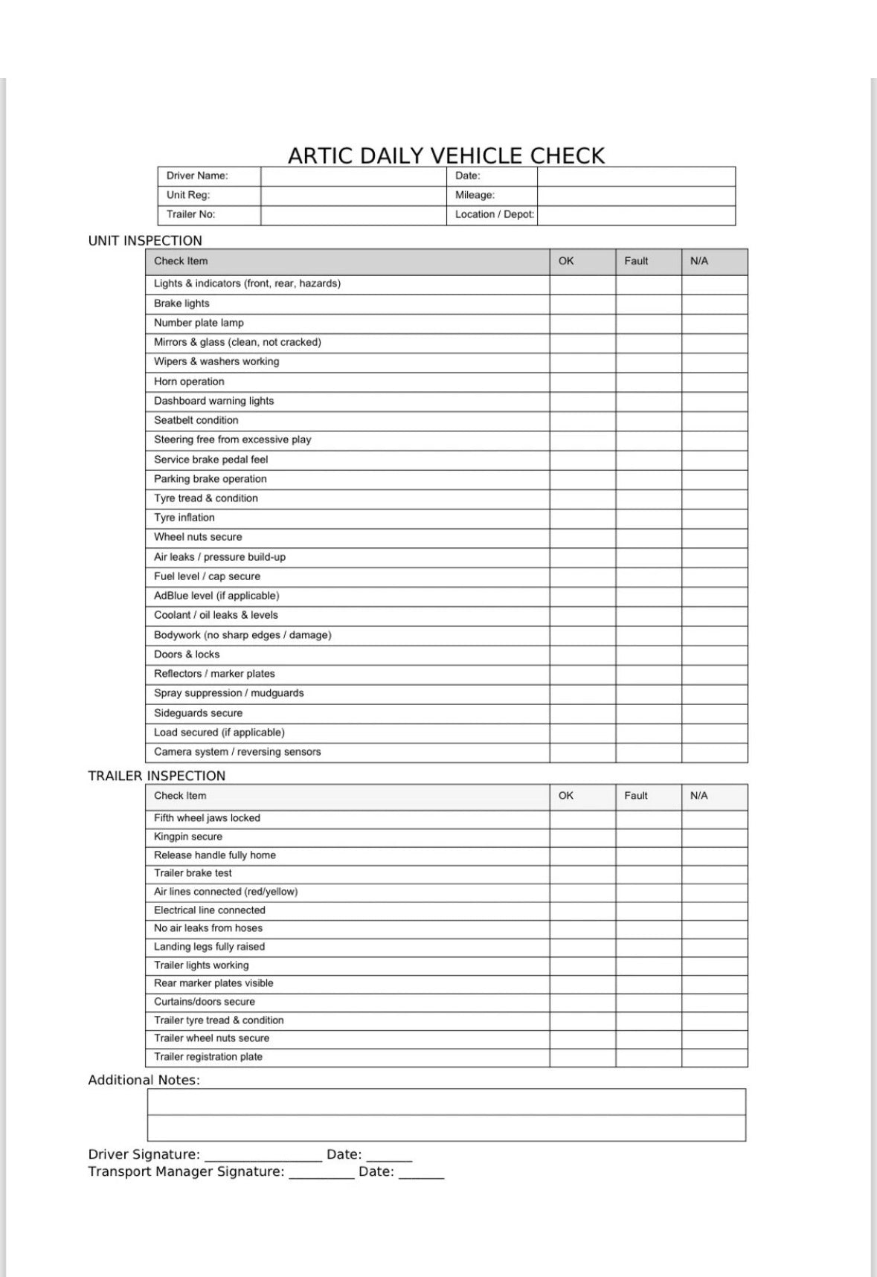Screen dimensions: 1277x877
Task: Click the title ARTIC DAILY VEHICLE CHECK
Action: point(446,155)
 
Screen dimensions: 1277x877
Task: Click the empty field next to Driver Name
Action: point(353,176)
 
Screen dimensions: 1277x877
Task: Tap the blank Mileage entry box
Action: point(636,196)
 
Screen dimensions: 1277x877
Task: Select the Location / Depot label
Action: point(495,215)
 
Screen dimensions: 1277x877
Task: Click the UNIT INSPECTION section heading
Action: point(145,241)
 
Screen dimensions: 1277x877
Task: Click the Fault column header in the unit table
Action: point(636,261)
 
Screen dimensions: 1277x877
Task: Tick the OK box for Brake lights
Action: point(582,303)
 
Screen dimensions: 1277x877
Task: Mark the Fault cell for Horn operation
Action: point(648,382)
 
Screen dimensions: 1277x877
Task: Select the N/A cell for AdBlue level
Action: point(714,596)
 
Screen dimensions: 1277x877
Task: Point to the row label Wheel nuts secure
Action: point(198,537)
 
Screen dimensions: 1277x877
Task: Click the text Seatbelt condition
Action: point(196,420)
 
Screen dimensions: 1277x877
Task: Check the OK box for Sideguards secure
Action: point(582,713)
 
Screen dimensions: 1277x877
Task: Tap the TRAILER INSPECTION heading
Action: point(156,776)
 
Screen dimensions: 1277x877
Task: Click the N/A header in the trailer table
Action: point(699,796)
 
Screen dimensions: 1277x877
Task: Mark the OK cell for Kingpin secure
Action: point(582,837)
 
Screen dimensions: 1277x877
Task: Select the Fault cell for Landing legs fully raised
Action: point(648,947)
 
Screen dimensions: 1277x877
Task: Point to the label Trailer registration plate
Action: point(208,1057)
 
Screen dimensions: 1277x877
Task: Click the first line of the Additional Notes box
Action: point(446,1102)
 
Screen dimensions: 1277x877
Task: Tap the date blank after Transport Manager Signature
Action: point(421,1172)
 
